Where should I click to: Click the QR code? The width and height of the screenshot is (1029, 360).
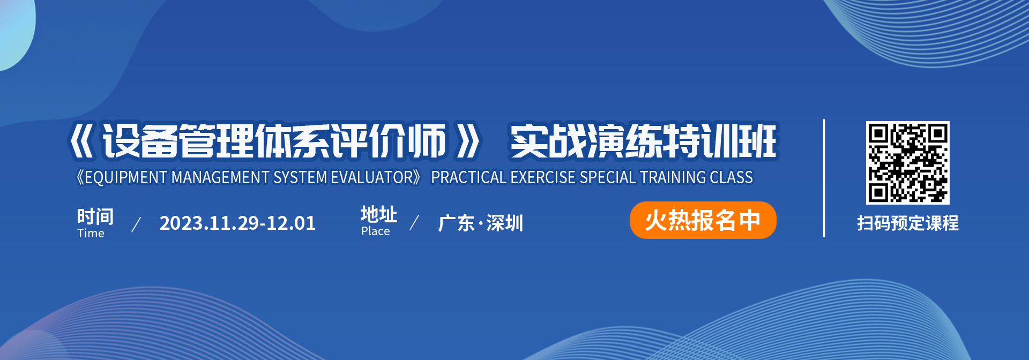coord(907,163)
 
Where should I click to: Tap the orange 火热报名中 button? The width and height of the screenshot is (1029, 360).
coord(703,220)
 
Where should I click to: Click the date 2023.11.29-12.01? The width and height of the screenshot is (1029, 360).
coord(237,223)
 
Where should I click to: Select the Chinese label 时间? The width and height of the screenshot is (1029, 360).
coord(95,216)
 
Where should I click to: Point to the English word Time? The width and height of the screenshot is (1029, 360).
coord(91,233)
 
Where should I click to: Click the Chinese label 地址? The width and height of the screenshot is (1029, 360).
coord(379,214)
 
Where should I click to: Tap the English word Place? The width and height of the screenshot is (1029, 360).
coord(375,231)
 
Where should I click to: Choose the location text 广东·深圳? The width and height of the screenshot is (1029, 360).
coord(480,223)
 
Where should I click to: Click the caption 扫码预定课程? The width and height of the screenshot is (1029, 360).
coord(907,223)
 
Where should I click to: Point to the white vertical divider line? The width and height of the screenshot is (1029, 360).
coord(824,178)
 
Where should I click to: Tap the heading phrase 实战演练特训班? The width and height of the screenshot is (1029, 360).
coord(643,141)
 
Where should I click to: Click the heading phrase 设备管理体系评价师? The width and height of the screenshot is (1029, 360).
coord(274,141)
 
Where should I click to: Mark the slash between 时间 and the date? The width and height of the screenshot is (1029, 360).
coord(136,224)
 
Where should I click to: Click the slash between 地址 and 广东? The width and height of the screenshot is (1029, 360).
coord(414,222)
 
